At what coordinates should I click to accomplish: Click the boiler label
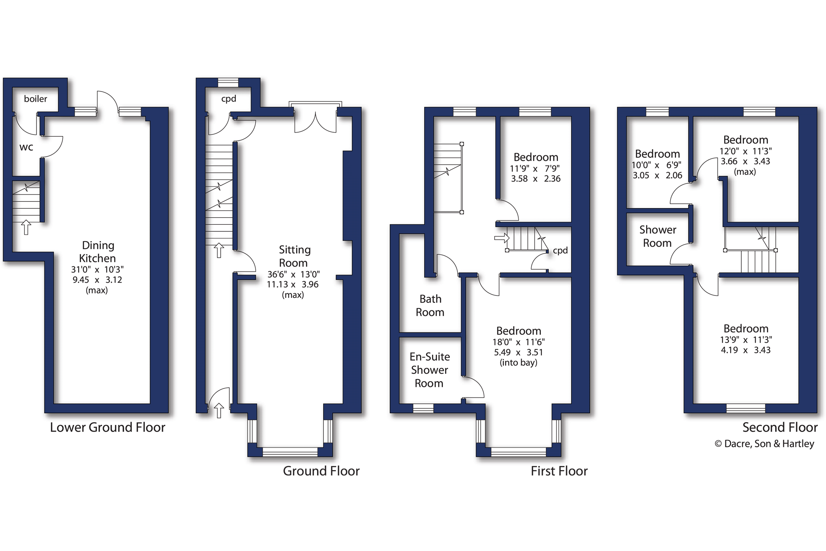pyautogui.click(x=35, y=99)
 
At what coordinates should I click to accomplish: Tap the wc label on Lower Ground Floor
pyautogui.click(x=26, y=147)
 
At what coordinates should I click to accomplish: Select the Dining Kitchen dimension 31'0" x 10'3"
pyautogui.click(x=97, y=269)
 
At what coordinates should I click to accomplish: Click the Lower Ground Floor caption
pyautogui.click(x=108, y=427)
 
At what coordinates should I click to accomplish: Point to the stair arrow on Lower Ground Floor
pyautogui.click(x=26, y=227)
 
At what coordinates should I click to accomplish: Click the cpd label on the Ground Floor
pyautogui.click(x=228, y=99)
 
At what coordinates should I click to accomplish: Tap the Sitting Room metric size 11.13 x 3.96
pyautogui.click(x=293, y=285)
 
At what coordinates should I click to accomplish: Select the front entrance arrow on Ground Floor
pyautogui.click(x=219, y=411)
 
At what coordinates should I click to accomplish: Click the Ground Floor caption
pyautogui.click(x=321, y=471)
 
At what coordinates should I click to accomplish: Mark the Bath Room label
pyautogui.click(x=430, y=306)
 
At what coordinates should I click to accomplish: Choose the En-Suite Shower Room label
pyautogui.click(x=430, y=370)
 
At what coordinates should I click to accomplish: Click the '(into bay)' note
pyautogui.click(x=519, y=363)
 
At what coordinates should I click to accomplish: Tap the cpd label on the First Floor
pyautogui.click(x=560, y=251)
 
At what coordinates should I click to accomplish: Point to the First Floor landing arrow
pyautogui.click(x=502, y=238)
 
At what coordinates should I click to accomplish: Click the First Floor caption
pyautogui.click(x=559, y=471)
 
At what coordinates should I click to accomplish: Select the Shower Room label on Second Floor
pyautogui.click(x=657, y=236)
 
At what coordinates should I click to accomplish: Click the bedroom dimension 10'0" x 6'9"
pyautogui.click(x=657, y=165)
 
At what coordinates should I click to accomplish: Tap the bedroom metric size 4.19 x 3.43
pyautogui.click(x=746, y=350)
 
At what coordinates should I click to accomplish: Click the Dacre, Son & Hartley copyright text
pyautogui.click(x=764, y=444)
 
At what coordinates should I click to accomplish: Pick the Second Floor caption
pyautogui.click(x=780, y=427)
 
